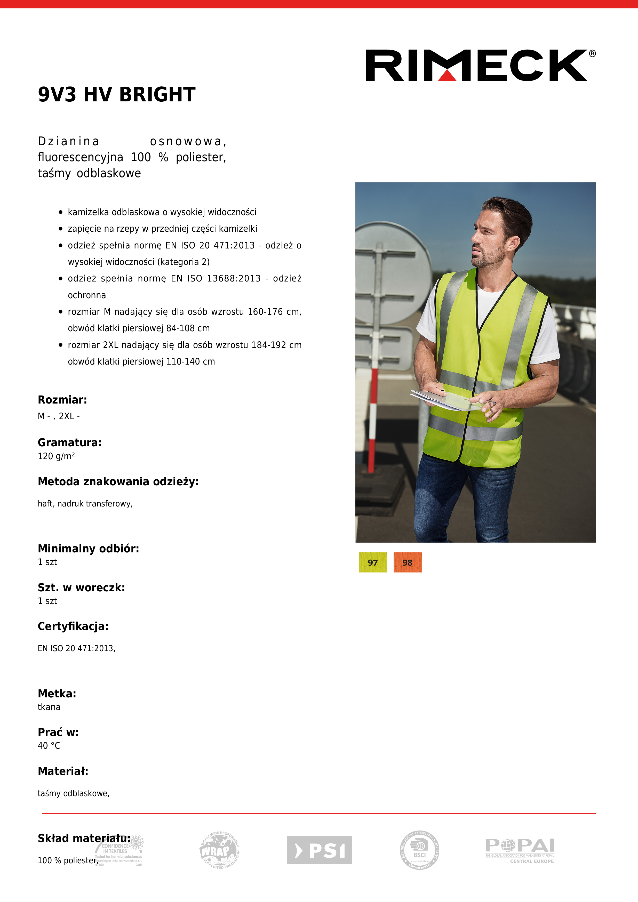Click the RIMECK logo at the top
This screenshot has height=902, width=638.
pyautogui.click(x=476, y=66)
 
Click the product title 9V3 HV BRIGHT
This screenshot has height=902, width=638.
pyautogui.click(x=116, y=95)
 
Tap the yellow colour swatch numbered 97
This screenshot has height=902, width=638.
pyautogui.click(x=373, y=562)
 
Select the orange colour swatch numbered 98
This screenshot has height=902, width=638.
pyautogui.click(x=407, y=562)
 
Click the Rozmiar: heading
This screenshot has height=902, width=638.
pyautogui.click(x=62, y=400)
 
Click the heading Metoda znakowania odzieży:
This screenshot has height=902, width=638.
pyautogui.click(x=118, y=482)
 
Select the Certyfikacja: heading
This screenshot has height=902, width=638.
pyautogui.click(x=73, y=626)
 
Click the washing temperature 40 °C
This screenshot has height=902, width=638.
pyautogui.click(x=49, y=746)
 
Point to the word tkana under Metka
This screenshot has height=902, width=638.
pyautogui.click(x=49, y=707)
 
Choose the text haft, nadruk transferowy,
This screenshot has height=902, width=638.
pyautogui.click(x=85, y=504)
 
